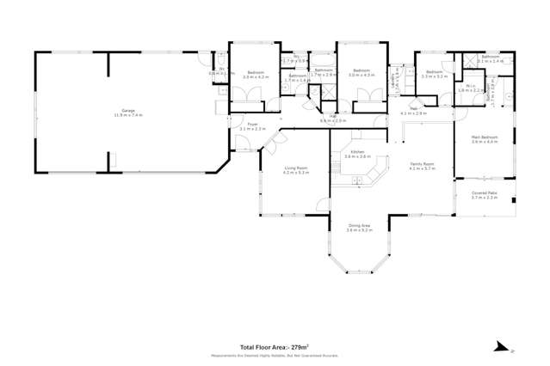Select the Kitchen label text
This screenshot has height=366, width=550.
click(357, 152)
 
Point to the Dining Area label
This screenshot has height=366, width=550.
click(358, 227)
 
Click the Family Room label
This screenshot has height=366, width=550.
click(422, 163)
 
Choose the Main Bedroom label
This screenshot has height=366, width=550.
click(485, 137)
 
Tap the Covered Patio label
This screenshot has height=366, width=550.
click(485, 194)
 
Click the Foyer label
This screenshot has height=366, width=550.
click(253, 125)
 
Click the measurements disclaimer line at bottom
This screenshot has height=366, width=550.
click(275, 355)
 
